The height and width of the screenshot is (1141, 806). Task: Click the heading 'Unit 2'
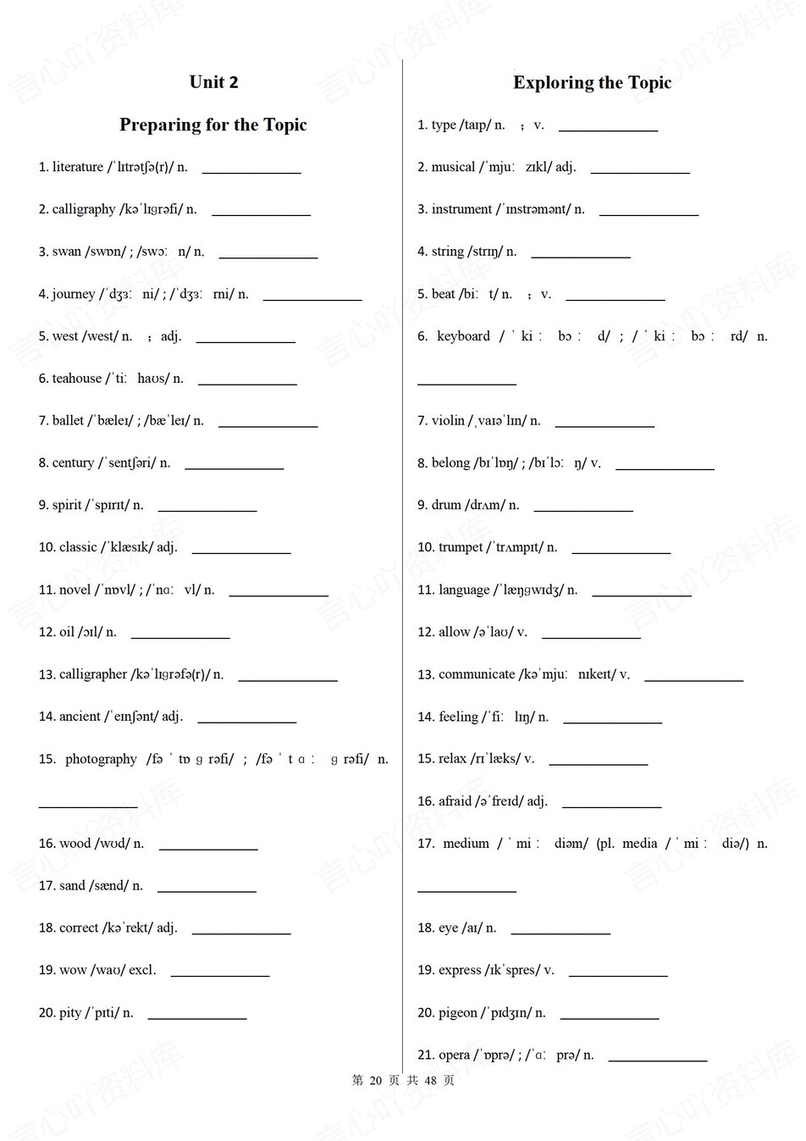[213, 82]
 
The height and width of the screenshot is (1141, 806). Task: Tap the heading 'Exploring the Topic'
[592, 83]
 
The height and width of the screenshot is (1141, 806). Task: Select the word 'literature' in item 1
[78, 167]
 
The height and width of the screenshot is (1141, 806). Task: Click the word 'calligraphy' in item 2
[84, 209]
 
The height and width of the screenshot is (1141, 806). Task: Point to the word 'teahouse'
[77, 379]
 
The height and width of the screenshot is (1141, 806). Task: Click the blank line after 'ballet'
[268, 424]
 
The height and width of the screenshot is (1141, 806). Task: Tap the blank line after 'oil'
[180, 636]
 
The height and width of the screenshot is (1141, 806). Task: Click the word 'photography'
[101, 759]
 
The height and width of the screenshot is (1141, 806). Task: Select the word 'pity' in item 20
[70, 1012]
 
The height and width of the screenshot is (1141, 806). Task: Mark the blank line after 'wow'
[220, 975]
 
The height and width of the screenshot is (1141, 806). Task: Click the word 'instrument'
[461, 209]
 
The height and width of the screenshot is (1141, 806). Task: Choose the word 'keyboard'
[463, 336]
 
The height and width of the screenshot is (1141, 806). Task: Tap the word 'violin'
[448, 421]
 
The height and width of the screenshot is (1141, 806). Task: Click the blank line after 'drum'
[583, 509]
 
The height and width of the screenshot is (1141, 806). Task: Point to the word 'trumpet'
[461, 547]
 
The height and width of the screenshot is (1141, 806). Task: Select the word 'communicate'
[477, 674]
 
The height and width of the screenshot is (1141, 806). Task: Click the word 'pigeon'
[458, 1012]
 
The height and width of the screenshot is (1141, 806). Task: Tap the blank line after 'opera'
[658, 1059]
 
